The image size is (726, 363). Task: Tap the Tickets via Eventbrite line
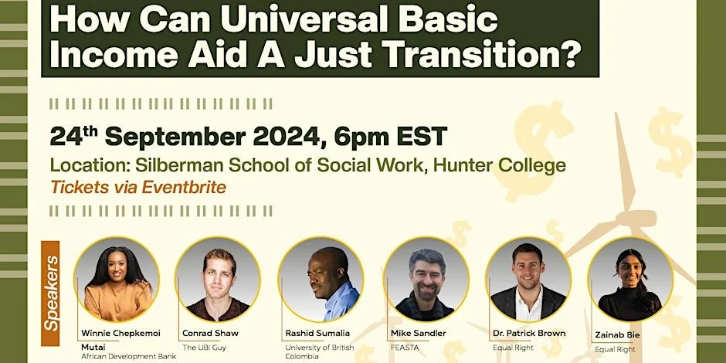(138, 187)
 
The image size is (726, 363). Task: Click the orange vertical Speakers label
(50, 293)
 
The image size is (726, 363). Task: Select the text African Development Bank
(129, 357)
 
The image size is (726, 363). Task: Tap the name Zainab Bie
(617, 334)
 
